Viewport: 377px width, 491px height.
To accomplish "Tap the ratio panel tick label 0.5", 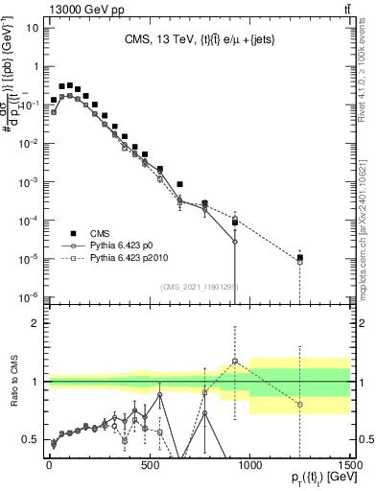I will coord(30,439).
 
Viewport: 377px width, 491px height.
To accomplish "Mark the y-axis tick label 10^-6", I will coord(29,296).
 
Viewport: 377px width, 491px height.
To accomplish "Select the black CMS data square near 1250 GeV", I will coord(300,257).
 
